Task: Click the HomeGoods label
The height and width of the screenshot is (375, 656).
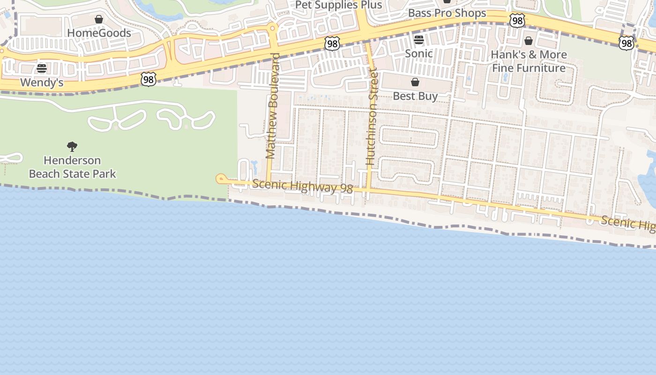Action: pos(99,33)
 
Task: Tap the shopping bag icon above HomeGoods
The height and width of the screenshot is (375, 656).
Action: pos(99,19)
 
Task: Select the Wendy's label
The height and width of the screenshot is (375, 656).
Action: pos(42,83)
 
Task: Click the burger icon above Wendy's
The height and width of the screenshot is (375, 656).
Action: pos(42,69)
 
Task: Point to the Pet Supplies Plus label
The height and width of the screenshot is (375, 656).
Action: pos(338,5)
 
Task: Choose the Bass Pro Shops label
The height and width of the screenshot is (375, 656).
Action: pos(447,13)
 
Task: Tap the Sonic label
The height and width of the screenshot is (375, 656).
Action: pos(419,53)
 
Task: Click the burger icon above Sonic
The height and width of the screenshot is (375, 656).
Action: pos(419,40)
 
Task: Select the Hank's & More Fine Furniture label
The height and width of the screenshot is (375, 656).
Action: pos(529,61)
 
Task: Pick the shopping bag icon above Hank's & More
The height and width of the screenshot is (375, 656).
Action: pos(529,41)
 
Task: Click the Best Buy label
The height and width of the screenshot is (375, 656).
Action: pos(415,96)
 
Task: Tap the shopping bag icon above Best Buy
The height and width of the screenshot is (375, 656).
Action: pos(415,82)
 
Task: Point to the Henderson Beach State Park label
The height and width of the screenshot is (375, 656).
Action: pos(72,167)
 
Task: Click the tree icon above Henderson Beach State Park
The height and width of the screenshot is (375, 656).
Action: pos(72,147)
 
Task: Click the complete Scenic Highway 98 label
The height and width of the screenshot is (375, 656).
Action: pos(302,186)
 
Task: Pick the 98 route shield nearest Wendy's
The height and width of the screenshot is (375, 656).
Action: pos(148,79)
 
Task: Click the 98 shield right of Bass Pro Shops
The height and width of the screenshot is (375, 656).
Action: pos(517,21)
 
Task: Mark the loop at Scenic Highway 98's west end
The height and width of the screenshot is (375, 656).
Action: pos(221,179)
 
